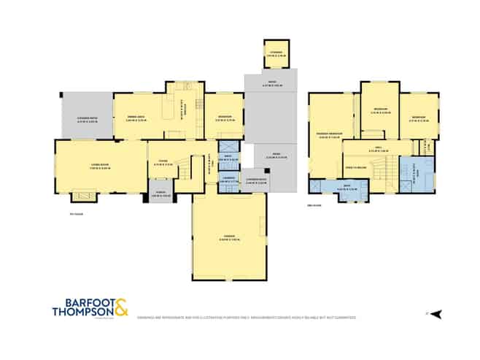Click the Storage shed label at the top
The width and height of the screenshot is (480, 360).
276,53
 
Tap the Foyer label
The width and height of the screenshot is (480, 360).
164,164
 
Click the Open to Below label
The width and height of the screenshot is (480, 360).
355,167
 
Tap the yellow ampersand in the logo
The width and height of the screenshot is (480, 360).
119,307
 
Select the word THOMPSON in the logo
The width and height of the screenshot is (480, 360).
81,312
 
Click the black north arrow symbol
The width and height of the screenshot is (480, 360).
436,314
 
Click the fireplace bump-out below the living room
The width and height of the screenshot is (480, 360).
83,196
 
